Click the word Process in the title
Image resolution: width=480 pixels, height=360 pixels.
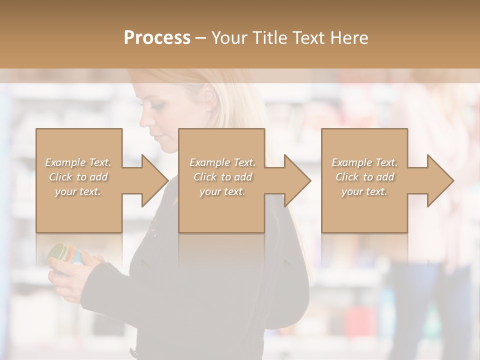[157, 38]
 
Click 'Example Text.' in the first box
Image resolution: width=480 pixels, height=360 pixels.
[78, 162]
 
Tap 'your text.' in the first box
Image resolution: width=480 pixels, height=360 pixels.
[78, 191]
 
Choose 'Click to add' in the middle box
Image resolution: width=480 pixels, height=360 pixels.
[222, 177]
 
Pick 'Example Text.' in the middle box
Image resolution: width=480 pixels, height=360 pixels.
[222, 162]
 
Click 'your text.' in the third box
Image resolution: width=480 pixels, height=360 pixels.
[364, 191]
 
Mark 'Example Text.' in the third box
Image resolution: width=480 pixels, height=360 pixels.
[364, 162]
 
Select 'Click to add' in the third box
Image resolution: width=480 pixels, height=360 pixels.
[364, 177]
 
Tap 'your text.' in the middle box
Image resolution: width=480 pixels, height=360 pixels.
[222, 191]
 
